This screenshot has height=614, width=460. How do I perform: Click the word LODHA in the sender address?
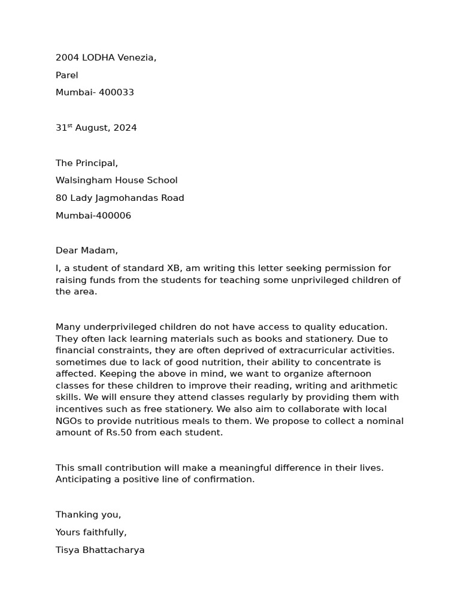pyautogui.click(x=98, y=58)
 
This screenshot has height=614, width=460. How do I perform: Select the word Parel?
pyautogui.click(x=67, y=75)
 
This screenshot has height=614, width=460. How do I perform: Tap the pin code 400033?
pyautogui.click(x=116, y=92)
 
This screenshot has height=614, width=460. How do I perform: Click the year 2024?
pyautogui.click(x=125, y=128)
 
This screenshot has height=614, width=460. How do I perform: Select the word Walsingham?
pyautogui.click(x=84, y=180)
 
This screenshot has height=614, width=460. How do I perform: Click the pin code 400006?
pyautogui.click(x=112, y=216)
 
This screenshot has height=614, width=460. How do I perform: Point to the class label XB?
pyautogui.click(x=174, y=268)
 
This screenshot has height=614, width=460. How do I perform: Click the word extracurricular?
pyautogui.click(x=309, y=350)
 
